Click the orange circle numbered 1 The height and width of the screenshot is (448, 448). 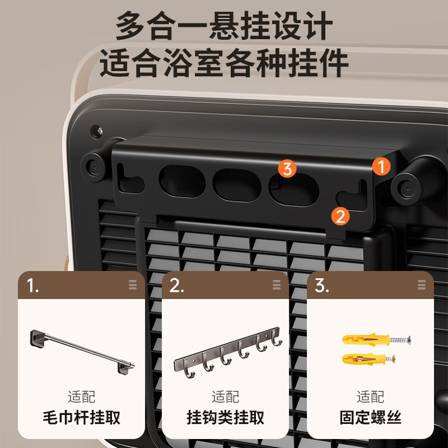381,166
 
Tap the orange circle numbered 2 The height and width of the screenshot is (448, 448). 340,216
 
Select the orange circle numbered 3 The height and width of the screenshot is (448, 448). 287,169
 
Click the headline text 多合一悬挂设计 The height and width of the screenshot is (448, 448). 224,27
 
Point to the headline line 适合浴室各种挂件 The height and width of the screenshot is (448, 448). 224,63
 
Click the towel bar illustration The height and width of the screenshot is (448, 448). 82,351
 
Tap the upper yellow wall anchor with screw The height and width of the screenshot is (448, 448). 376,339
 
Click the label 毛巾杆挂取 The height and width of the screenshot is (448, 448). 82,418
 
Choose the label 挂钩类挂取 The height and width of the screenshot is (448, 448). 225,418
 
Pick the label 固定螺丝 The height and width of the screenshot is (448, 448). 370,418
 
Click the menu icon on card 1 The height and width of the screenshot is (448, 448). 133,284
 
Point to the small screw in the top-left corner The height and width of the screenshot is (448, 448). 99,131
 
